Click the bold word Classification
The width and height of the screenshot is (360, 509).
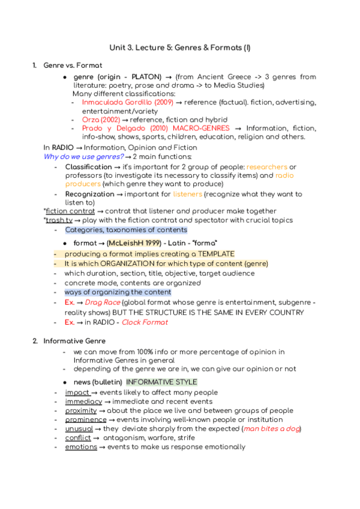(x=88, y=166)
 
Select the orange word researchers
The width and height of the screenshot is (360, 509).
(x=267, y=166)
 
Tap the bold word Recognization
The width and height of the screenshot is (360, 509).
(x=89, y=194)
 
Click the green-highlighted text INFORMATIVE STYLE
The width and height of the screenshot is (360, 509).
(x=161, y=382)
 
